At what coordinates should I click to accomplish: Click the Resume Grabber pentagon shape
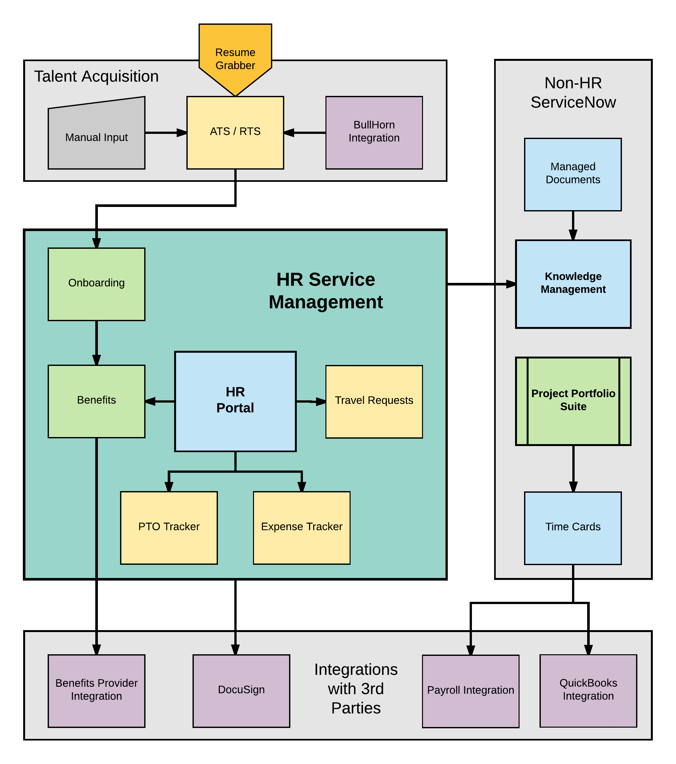tap(235, 56)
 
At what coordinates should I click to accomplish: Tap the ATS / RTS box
tap(235, 132)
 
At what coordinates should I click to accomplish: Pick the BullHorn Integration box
tap(374, 132)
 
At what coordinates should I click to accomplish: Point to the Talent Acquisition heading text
tap(97, 76)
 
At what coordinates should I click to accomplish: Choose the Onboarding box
tap(97, 284)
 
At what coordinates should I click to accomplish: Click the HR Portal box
tap(235, 401)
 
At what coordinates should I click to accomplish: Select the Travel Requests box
tap(374, 401)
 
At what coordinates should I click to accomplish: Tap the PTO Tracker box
tap(169, 527)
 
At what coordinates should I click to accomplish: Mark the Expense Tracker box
tap(301, 527)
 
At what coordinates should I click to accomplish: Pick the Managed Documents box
tap(572, 174)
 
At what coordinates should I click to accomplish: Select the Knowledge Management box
tap(573, 284)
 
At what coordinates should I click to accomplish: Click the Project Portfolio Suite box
tap(573, 401)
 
